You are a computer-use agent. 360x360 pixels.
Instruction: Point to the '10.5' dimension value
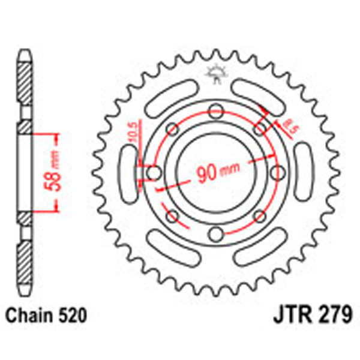click(133, 133)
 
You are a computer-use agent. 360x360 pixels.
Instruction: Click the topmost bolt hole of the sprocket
click(215, 110)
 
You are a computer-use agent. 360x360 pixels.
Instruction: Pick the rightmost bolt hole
click(277, 173)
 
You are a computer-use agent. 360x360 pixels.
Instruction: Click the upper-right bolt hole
click(259, 128)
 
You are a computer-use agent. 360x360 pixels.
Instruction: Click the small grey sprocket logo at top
click(215, 75)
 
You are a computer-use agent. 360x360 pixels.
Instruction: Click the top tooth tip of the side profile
click(23, 53)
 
